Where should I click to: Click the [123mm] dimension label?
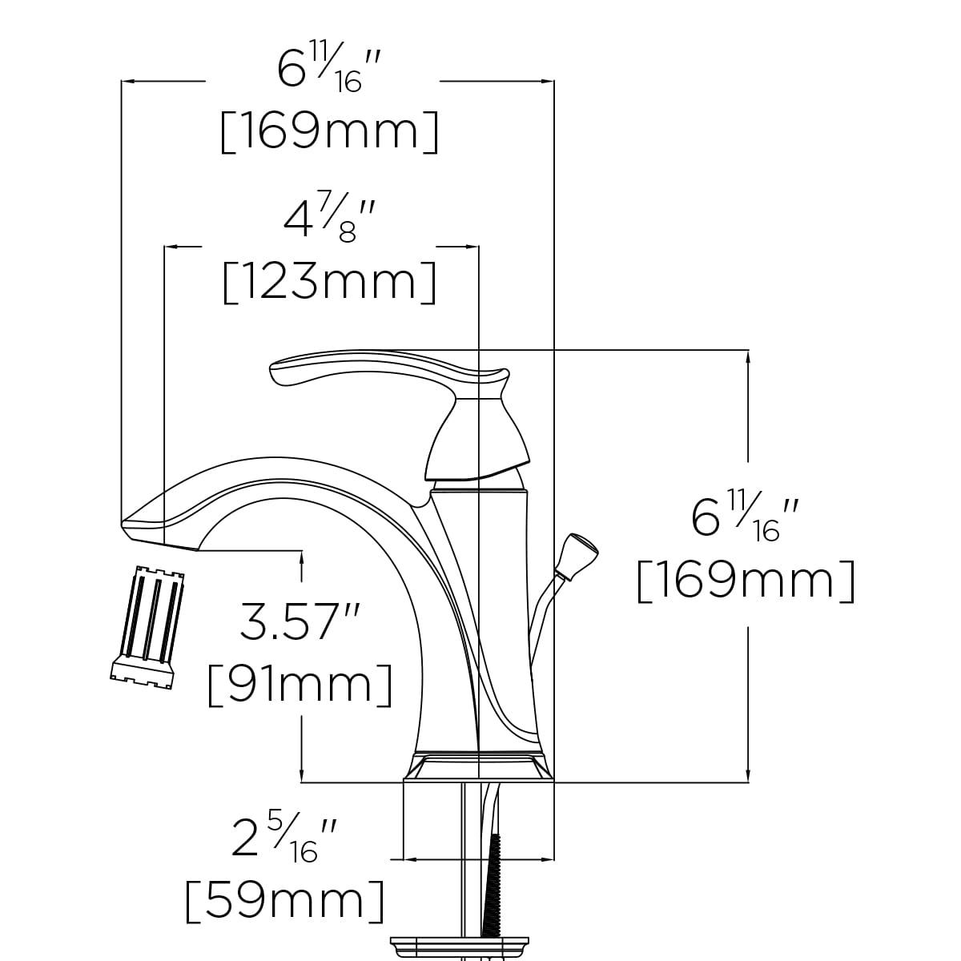[x=329, y=282]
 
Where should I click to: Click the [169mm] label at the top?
[x=329, y=131]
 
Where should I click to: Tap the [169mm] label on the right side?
[x=746, y=581]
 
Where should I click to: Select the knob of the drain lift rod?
[x=577, y=555]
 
